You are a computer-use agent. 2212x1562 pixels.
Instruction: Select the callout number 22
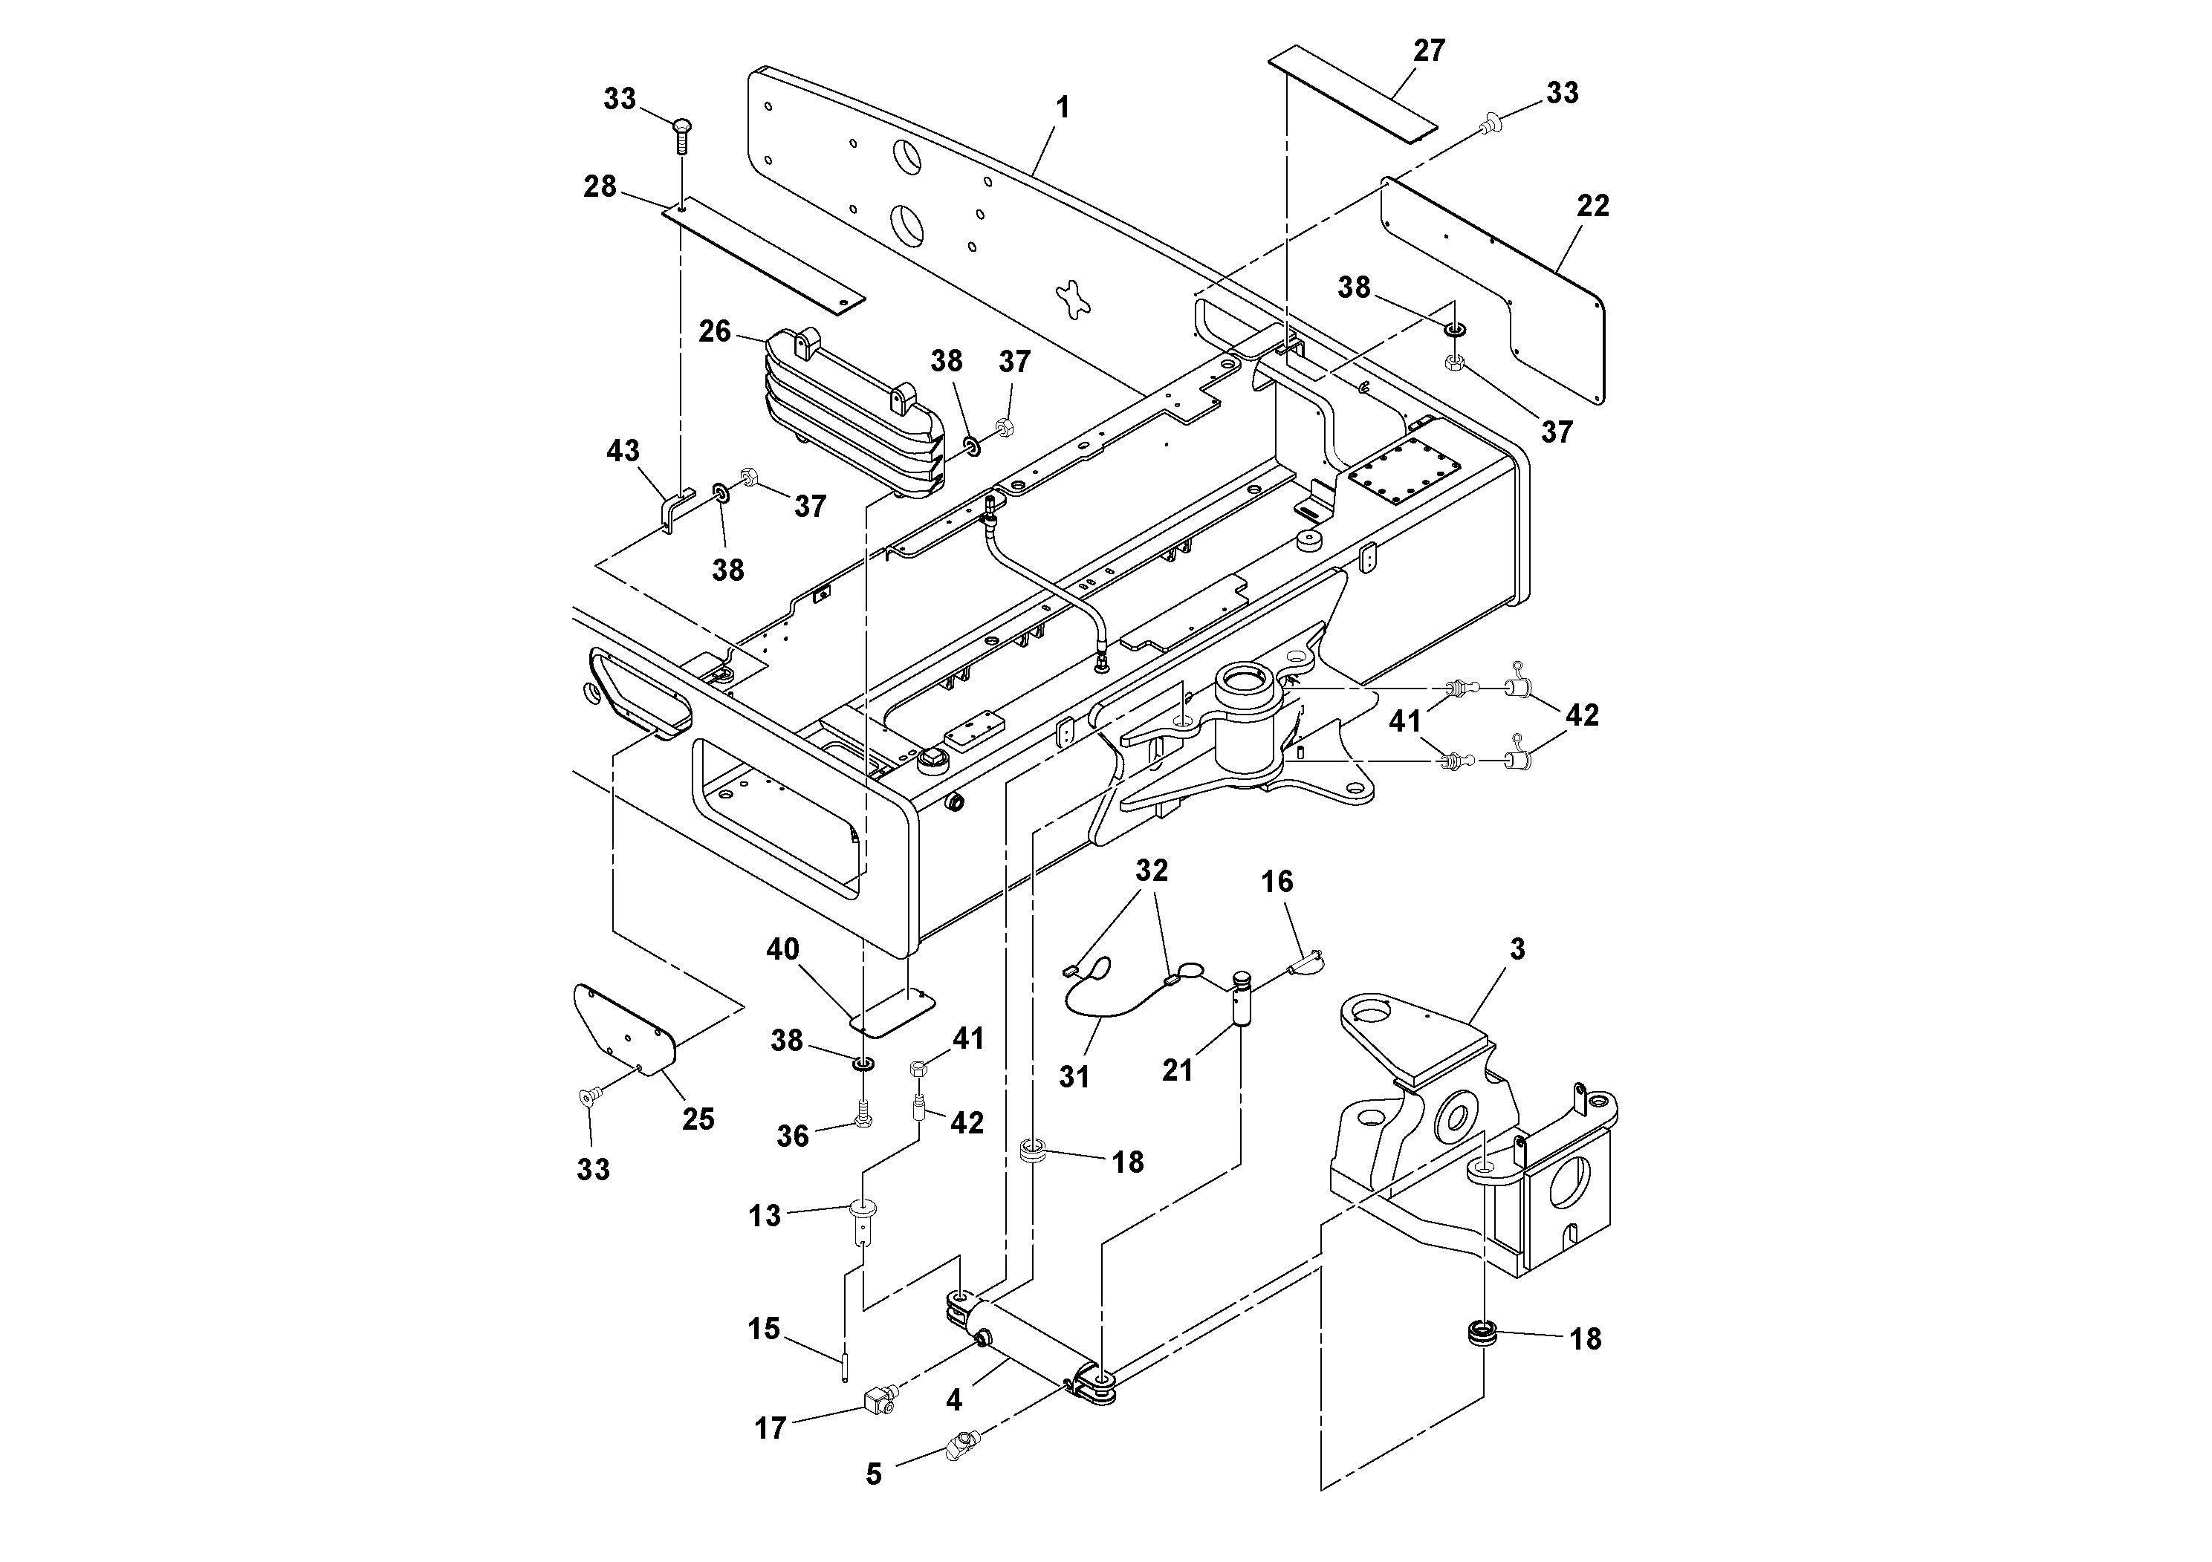[1592, 206]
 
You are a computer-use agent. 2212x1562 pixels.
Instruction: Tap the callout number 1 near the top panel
[1063, 108]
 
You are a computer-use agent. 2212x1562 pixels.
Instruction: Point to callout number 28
[599, 187]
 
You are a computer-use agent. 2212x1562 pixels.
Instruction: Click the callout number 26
[715, 332]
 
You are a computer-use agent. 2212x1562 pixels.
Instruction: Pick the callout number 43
[623, 451]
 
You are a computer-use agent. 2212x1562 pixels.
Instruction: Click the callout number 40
[782, 949]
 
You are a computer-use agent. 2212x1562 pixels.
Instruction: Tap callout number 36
[792, 1136]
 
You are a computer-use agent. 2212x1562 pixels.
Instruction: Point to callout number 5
[873, 1474]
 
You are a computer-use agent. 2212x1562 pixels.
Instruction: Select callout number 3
[1517, 949]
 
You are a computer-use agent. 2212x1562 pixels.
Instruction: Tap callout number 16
[1277, 882]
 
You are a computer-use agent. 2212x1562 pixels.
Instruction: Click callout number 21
[1177, 1070]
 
